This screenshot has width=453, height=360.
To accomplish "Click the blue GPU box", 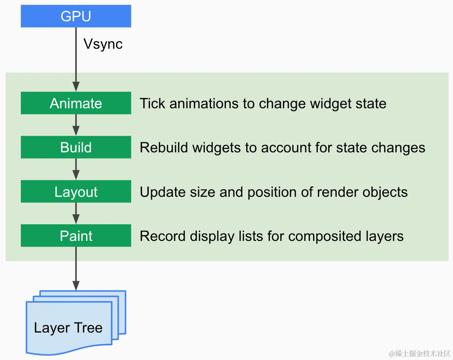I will (x=76, y=17).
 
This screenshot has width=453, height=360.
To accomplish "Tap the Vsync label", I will (x=103, y=44).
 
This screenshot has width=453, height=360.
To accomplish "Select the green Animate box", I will (x=76, y=103).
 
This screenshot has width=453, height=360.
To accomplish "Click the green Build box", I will (x=76, y=147).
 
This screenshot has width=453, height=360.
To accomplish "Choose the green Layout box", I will (x=76, y=192).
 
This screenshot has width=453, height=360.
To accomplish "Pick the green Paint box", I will (x=76, y=236).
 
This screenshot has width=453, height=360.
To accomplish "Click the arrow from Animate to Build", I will (x=76, y=125).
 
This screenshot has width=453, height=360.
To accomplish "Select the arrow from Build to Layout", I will (x=76, y=169).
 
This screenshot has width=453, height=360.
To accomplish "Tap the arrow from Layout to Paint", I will (x=76, y=213).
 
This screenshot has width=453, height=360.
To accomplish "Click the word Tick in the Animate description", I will (x=152, y=103).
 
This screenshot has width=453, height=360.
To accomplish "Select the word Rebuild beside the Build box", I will (x=164, y=148).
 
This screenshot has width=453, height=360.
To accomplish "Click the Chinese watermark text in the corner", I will (x=419, y=353).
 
